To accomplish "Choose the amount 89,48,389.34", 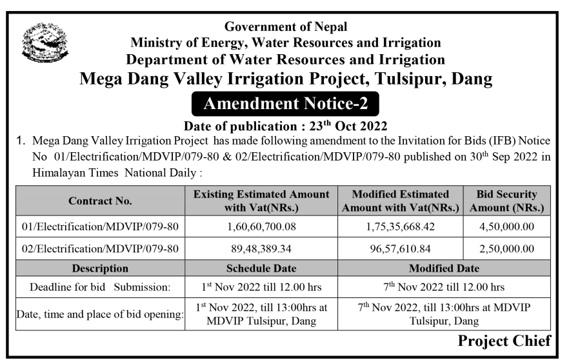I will coord(261,248).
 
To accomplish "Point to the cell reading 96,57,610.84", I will coord(401,248).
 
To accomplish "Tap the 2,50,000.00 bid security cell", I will coord(507,248).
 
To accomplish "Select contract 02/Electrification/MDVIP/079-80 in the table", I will coord(100,248).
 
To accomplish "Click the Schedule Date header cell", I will coord(261,268).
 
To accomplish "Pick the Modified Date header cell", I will coord(444,268).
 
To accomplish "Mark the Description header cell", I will coord(100,268).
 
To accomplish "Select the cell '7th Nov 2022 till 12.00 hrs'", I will coord(444,286).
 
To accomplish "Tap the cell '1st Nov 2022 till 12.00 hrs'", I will coord(261,286).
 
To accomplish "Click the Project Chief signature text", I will coord(504,341).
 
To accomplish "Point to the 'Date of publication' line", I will coord(285,125).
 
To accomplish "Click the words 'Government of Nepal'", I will coord(285,27).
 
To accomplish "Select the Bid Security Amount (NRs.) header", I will coord(507,201).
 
